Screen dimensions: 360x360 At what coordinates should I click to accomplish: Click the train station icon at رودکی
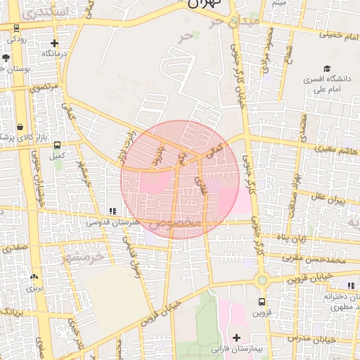(17, 27)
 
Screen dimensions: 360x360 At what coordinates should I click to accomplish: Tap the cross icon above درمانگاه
(53, 43)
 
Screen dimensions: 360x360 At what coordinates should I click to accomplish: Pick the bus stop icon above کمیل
(58, 145)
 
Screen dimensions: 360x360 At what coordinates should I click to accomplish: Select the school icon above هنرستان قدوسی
(112, 211)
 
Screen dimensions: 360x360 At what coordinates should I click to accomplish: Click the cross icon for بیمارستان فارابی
(236, 337)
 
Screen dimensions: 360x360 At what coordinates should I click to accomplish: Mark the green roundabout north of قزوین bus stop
(262, 280)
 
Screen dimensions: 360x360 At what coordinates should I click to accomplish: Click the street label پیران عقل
(330, 199)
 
